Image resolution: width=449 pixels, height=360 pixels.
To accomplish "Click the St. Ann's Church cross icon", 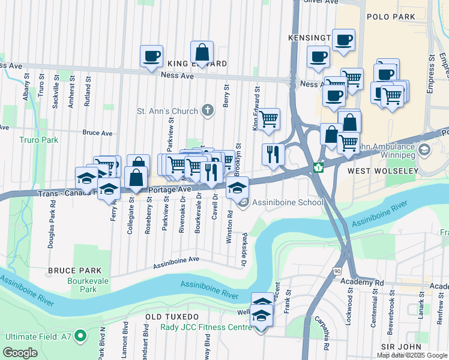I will [x=207, y=110].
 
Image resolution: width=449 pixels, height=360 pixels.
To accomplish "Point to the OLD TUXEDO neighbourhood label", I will [x=172, y=316].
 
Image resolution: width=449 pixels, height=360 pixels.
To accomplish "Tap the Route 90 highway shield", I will [x=337, y=272].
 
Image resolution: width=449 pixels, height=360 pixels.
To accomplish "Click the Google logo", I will [x=21, y=353].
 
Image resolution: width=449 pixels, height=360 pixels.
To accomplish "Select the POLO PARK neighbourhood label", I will [x=390, y=19].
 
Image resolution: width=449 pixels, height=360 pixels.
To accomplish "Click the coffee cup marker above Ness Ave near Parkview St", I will [x=151, y=56].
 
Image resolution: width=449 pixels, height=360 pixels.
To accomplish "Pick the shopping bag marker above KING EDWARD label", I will [x=202, y=52].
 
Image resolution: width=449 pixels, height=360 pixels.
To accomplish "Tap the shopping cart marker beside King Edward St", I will [x=269, y=119].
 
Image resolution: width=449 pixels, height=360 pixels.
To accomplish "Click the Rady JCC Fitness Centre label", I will [x=206, y=328].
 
